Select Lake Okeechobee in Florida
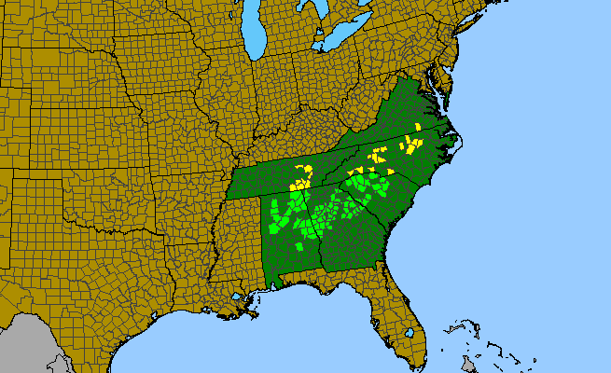click(x=409, y=331)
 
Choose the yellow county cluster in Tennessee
click(x=303, y=174)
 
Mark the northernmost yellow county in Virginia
click(x=418, y=127)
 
